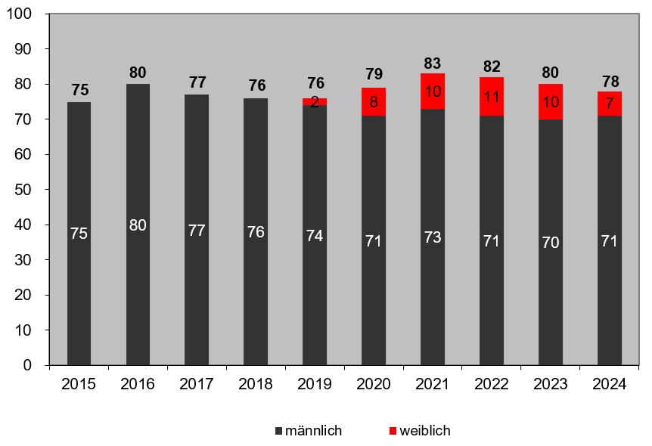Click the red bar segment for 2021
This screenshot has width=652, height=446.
tap(433, 91)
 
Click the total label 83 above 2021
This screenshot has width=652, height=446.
tap(433, 63)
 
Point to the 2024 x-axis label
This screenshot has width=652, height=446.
tap(609, 384)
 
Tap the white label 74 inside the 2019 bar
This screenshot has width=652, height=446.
tap(315, 235)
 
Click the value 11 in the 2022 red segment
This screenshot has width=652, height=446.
tap(492, 95)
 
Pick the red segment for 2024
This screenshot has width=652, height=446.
tap(609, 104)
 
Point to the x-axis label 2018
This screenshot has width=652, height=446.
tap(256, 384)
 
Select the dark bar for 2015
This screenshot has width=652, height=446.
tap(79, 233)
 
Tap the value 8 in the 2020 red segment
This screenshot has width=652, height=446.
tap(374, 101)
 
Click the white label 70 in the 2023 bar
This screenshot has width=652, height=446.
tap(551, 243)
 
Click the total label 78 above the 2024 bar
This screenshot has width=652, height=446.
tap(609, 82)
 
